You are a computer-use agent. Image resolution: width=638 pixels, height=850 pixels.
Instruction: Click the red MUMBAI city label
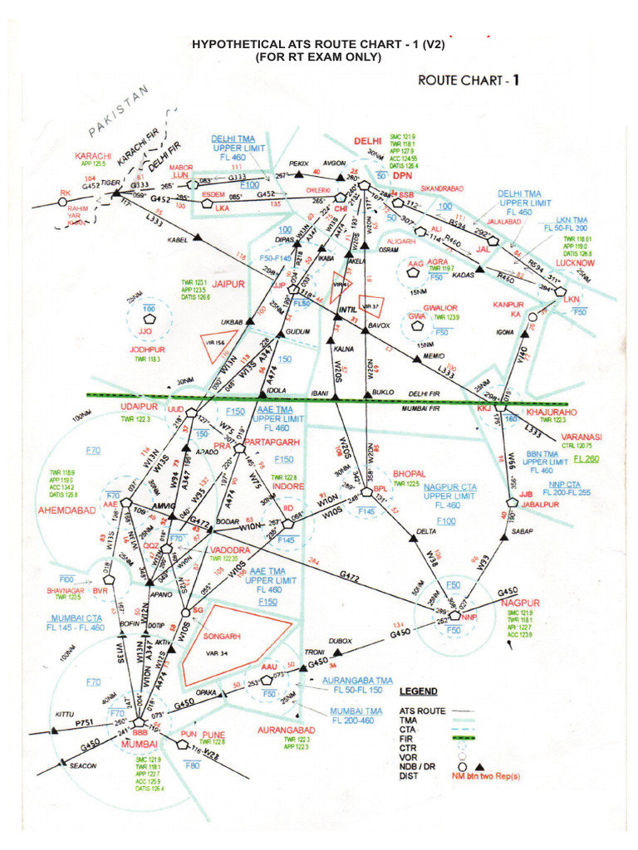139,745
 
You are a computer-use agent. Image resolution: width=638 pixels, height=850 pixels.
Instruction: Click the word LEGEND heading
419,691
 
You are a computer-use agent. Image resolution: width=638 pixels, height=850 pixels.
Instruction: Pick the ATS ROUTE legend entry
422,711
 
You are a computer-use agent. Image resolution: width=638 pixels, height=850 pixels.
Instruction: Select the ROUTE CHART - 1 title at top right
470,81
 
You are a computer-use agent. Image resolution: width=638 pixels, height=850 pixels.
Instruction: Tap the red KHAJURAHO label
555,412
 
